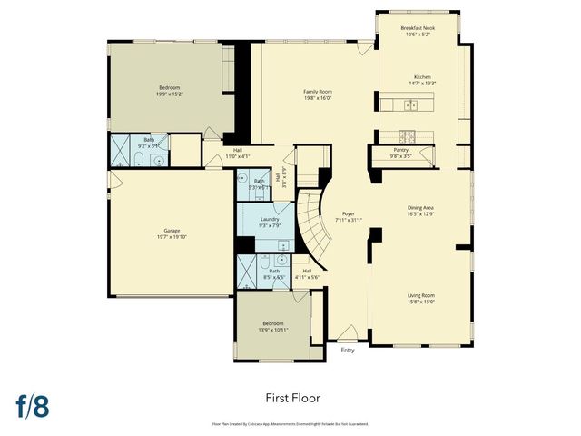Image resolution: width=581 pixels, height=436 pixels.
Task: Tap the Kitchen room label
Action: tap(423, 80)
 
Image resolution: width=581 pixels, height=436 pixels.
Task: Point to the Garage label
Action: tap(172, 233)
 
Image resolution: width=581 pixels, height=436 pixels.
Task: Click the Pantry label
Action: tap(400, 153)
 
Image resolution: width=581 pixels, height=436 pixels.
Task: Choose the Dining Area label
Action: tap(420, 211)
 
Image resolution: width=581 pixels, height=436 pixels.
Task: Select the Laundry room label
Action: tap(270, 222)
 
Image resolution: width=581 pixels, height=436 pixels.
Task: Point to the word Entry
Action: tap(348, 350)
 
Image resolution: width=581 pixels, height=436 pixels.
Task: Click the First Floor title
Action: tap(292, 397)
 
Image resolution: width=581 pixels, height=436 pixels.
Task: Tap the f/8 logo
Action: tap(31, 405)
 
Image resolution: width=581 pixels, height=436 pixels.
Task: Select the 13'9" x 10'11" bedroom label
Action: tap(274, 326)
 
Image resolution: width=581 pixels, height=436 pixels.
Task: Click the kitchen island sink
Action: tap(409, 105)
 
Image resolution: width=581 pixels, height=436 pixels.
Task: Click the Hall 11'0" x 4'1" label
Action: tap(237, 154)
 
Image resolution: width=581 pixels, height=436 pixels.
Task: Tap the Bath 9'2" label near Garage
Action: tap(149, 143)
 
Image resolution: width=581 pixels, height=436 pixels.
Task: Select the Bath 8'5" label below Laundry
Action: tap(274, 272)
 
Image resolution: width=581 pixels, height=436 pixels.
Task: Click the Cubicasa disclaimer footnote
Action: tap(290, 423)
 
